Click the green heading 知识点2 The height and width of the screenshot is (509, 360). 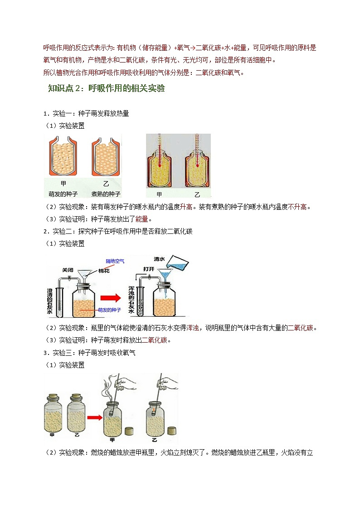[106, 88]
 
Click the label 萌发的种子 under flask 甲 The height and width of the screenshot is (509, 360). [63, 194]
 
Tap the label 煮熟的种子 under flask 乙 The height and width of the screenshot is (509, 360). [106, 194]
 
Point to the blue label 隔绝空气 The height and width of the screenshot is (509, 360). [115, 261]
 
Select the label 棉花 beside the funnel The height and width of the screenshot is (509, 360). [104, 271]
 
